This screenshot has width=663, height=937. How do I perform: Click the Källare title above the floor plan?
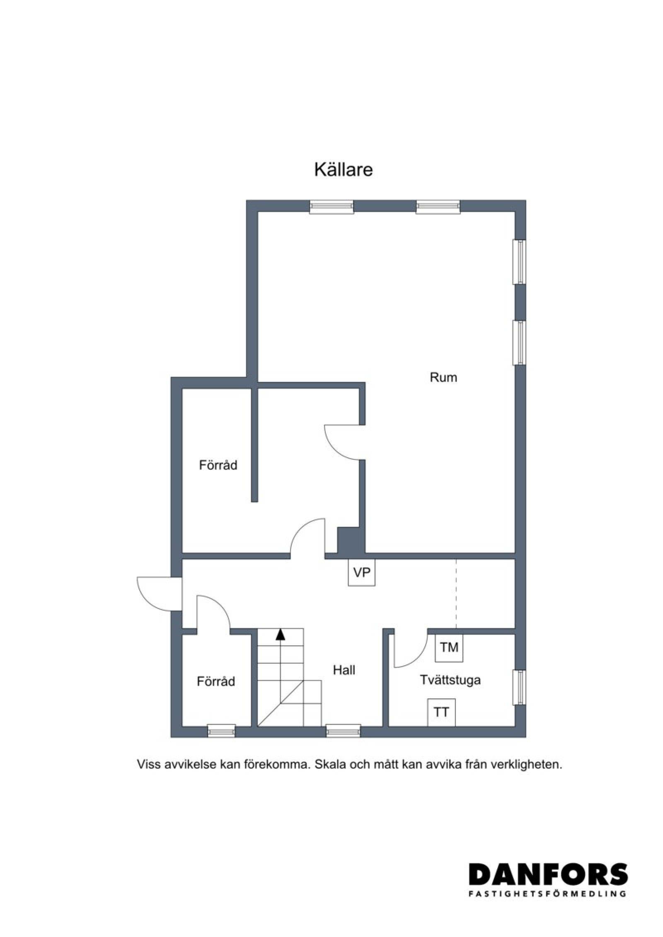pos(343,169)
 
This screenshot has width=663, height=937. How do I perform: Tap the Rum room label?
pos(443,377)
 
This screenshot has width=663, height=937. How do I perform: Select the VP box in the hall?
pos(361,572)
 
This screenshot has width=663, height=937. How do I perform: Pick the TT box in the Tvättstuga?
pos(441,712)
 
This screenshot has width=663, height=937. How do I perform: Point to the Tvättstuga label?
pos(450,680)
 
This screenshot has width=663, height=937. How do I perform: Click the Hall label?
pos(344,670)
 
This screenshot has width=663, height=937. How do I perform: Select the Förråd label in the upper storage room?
pos(218,465)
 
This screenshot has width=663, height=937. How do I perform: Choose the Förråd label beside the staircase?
pos(216,681)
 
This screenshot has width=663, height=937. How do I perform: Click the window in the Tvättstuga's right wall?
pos(520,687)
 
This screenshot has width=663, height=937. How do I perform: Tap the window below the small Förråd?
pos(221,731)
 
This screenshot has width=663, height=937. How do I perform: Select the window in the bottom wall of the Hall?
pos(343,731)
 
